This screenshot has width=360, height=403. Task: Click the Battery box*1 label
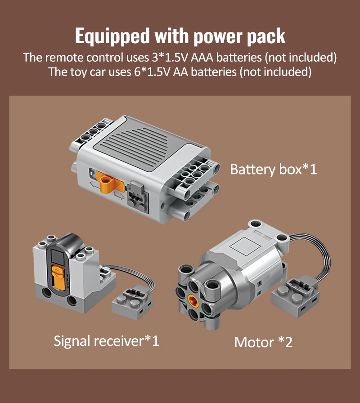[x=274, y=170]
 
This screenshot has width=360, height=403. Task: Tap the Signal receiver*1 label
[x=107, y=340]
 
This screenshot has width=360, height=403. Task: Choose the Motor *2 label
[x=263, y=342]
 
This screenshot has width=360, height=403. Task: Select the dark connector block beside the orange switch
[x=135, y=193]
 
